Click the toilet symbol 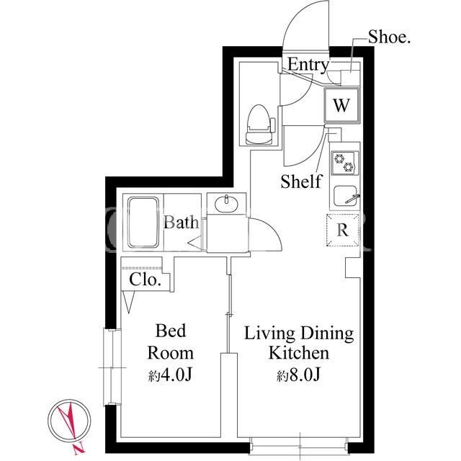point(260,125)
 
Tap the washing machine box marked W point(342,105)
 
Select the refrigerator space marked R point(343,230)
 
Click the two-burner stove point(345,163)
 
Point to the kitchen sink point(346,196)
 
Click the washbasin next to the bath point(226,203)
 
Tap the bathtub point(143,223)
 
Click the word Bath point(181,223)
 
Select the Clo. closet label point(145,279)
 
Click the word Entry point(308,65)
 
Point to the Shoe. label point(389,37)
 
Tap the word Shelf point(302,181)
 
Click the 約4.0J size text point(170,375)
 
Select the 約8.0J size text point(298,375)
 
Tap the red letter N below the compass point(79,448)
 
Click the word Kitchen point(299,353)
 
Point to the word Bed point(171,331)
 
